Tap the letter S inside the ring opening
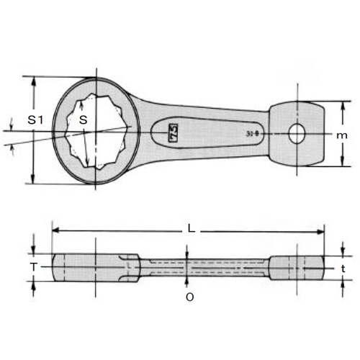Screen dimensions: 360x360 (x=84, y=120)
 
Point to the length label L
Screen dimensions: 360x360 (x=192, y=228)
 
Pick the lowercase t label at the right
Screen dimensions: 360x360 (x=346, y=268)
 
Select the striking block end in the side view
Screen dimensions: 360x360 (x=295, y=268)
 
